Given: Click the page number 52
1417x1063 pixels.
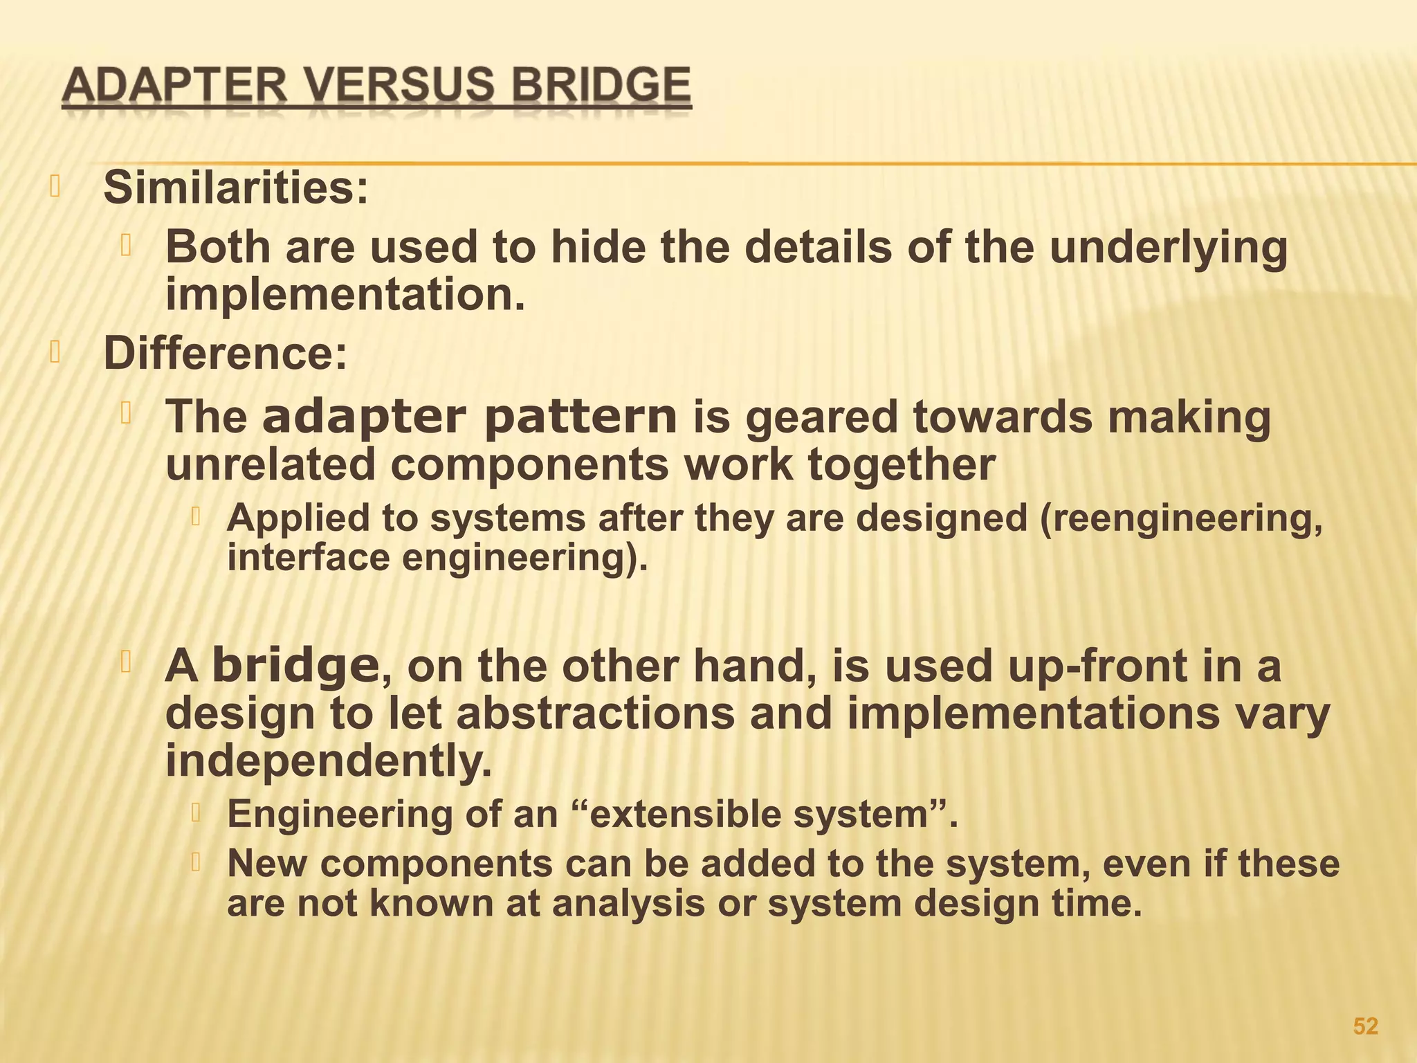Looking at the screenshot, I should (x=1365, y=1026).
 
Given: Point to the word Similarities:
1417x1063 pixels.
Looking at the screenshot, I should (x=236, y=188).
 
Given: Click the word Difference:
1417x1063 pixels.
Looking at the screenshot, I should (x=225, y=354).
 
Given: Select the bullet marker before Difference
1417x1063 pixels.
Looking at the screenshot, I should (x=55, y=354).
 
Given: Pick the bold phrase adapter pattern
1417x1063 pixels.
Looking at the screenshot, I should (x=470, y=417).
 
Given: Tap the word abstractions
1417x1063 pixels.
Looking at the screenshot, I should (x=596, y=714).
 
